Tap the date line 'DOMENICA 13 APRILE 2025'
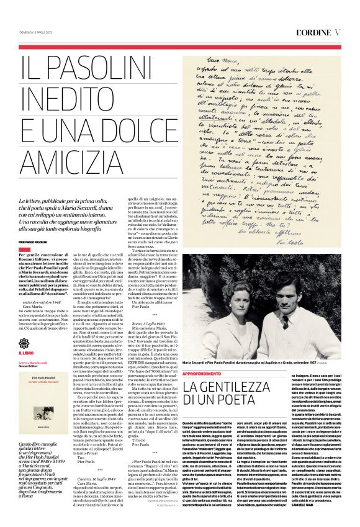[x=39, y=32]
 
